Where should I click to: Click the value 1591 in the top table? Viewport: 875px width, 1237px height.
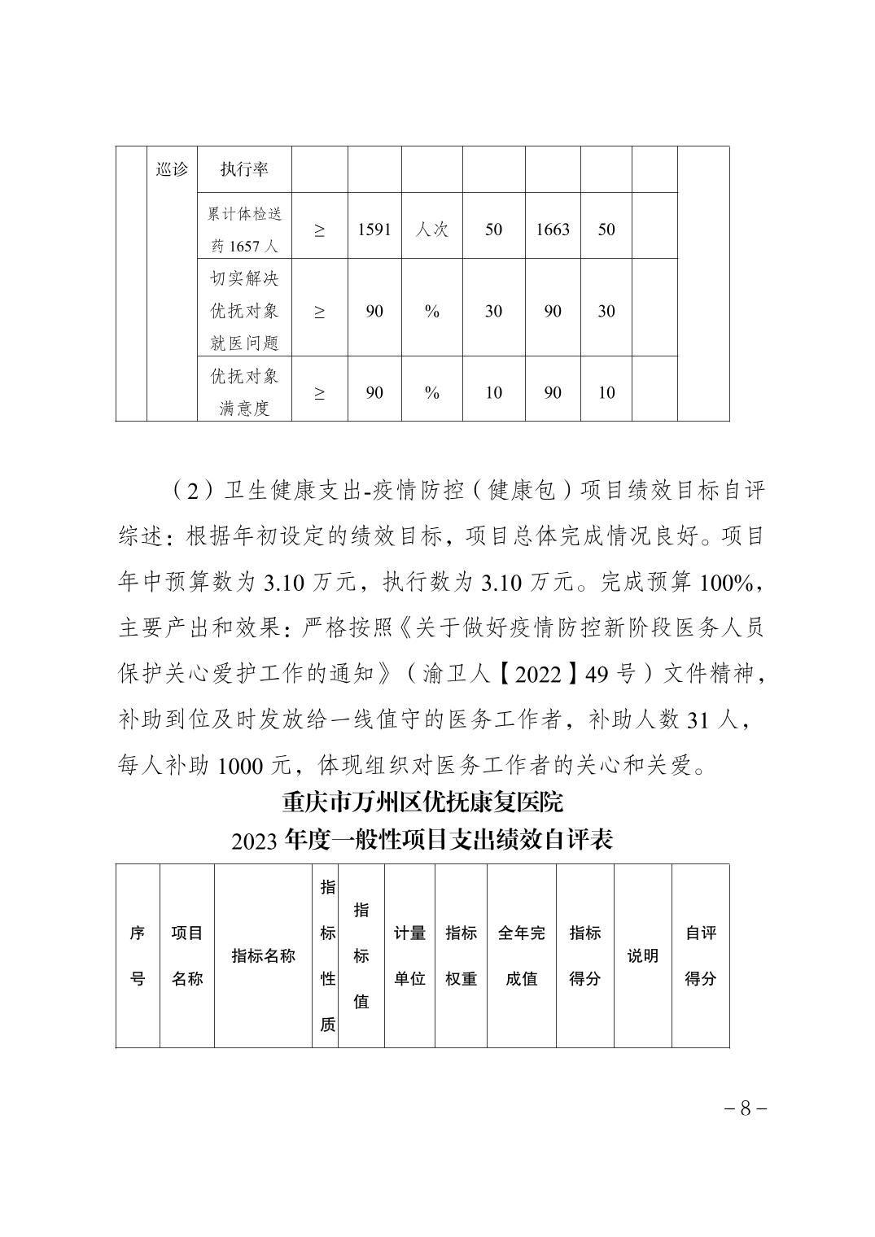click(x=374, y=229)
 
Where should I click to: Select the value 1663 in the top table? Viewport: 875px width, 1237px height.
click(x=553, y=229)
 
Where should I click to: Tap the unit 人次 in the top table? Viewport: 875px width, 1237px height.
click(x=432, y=229)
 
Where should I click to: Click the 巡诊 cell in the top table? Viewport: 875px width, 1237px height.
click(x=171, y=169)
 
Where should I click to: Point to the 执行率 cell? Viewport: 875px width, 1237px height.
click(x=244, y=169)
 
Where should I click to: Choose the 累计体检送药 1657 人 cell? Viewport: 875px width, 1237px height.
click(x=244, y=229)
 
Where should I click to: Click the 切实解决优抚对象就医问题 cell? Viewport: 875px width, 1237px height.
click(x=244, y=311)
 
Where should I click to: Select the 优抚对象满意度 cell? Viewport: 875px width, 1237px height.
click(x=244, y=392)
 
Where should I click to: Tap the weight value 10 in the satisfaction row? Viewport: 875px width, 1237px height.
click(x=493, y=392)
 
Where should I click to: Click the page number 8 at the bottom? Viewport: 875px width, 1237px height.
click(x=745, y=1108)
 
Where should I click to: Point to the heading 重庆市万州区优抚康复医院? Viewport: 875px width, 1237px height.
click(x=422, y=803)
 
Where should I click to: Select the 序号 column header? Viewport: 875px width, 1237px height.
click(x=138, y=955)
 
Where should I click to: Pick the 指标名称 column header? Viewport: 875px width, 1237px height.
click(x=263, y=955)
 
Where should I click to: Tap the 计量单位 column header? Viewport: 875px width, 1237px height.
click(x=409, y=955)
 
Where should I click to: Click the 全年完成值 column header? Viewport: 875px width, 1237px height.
click(x=521, y=955)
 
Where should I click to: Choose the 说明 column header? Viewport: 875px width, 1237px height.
click(x=642, y=955)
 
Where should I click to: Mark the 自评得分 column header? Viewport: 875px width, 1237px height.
click(x=700, y=955)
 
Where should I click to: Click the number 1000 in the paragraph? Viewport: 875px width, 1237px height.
click(x=241, y=766)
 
